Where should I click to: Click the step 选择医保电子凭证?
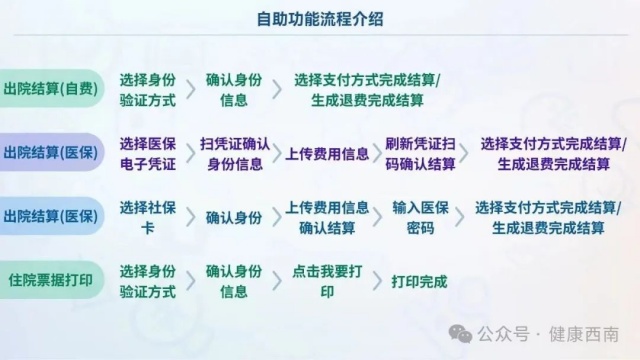pyautogui.click(x=147, y=152)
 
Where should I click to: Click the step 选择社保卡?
pyautogui.click(x=147, y=217)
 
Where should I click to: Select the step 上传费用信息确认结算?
pyautogui.click(x=327, y=217)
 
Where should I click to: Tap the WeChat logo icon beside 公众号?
pyautogui.click(x=459, y=334)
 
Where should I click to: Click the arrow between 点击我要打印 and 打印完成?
pyautogui.click(x=377, y=281)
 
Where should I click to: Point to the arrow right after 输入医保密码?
pyautogui.click(x=458, y=217)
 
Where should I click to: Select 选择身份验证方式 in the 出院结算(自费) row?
pyautogui.click(x=147, y=89)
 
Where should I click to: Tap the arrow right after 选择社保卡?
pyautogui.click(x=190, y=217)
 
